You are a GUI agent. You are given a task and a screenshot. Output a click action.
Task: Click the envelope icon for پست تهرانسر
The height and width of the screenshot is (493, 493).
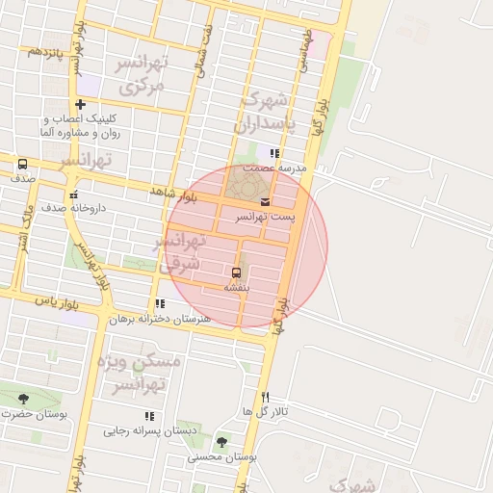[x=265, y=201]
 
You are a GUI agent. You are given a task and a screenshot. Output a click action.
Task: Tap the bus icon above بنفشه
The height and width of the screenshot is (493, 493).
[x=237, y=272]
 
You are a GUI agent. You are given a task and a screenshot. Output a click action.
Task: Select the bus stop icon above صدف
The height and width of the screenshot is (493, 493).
[x=22, y=164]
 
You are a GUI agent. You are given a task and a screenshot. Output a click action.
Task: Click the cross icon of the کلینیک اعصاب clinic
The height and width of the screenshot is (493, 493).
[x=80, y=104]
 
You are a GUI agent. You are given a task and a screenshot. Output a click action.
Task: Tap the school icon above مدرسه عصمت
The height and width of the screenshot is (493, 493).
[x=274, y=153]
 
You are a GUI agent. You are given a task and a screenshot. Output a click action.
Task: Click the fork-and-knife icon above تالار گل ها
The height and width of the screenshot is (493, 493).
[x=266, y=397]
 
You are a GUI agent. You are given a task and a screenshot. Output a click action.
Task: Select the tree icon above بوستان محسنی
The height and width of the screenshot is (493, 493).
[x=222, y=442]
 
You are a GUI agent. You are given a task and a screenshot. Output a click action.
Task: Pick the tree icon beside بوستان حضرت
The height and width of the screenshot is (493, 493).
[x=23, y=399]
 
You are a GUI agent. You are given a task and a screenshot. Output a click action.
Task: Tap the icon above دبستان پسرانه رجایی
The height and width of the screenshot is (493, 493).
[x=148, y=416]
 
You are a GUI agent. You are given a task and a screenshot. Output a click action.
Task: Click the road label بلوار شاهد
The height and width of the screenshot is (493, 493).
[x=172, y=195]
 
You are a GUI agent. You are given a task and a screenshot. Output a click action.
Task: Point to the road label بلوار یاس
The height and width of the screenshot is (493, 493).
[x=55, y=301]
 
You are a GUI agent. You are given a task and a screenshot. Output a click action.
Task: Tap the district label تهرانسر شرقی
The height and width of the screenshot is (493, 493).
[x=183, y=250]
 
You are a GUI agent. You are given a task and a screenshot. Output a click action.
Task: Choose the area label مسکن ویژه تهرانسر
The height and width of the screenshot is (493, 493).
[x=141, y=374]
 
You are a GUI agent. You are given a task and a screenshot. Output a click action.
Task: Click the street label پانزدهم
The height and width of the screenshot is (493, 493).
[x=45, y=50]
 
